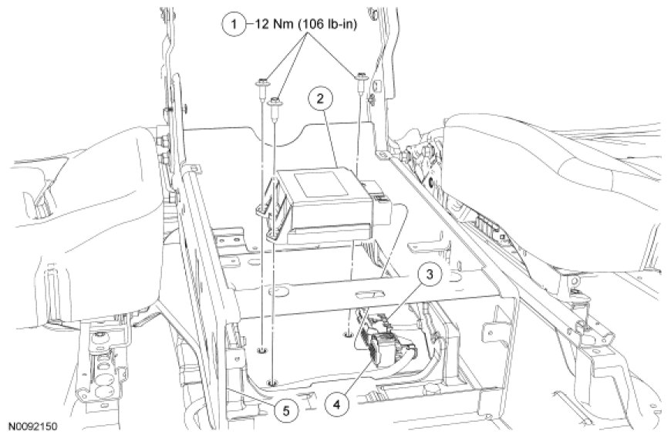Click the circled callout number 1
coord(234,25)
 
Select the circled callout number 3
coord(430,275)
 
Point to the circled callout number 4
coord(336,403)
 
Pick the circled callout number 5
coord(286,411)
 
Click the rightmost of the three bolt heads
coord(360,78)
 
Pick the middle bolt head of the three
coord(274,102)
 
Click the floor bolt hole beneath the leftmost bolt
coord(261,351)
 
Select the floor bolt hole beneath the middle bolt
coord(271,382)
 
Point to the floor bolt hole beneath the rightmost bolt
coord(349,332)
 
